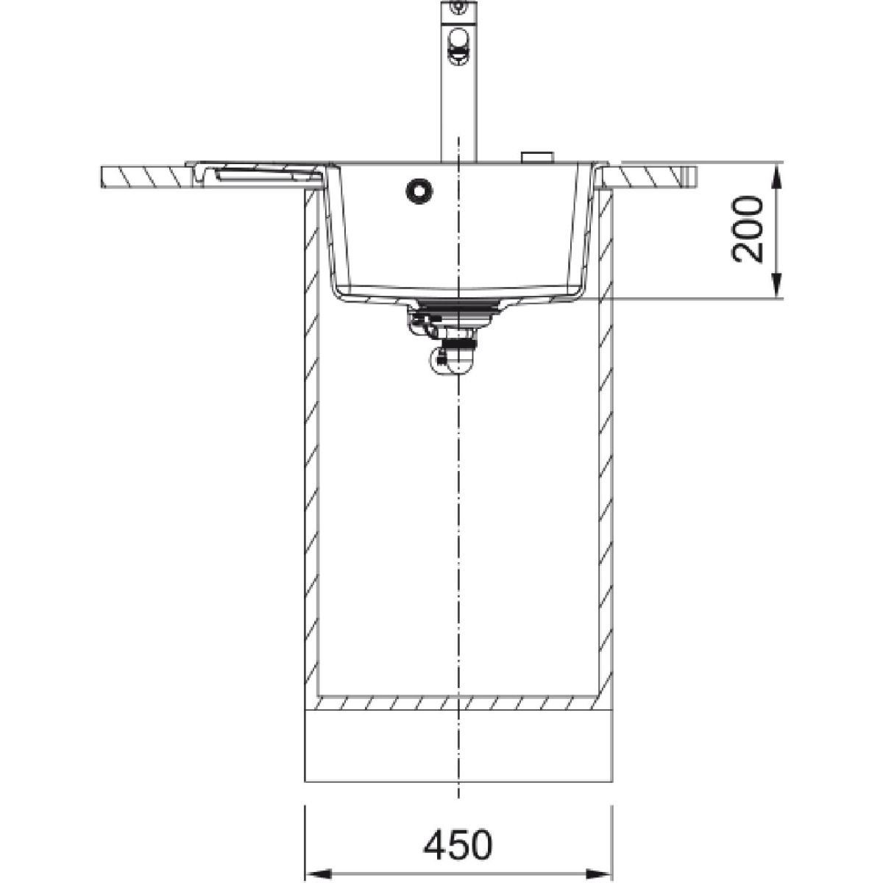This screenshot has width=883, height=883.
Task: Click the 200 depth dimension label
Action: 748,230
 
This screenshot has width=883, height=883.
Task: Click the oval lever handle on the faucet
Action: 458,45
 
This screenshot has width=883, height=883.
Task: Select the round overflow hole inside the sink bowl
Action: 419,191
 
